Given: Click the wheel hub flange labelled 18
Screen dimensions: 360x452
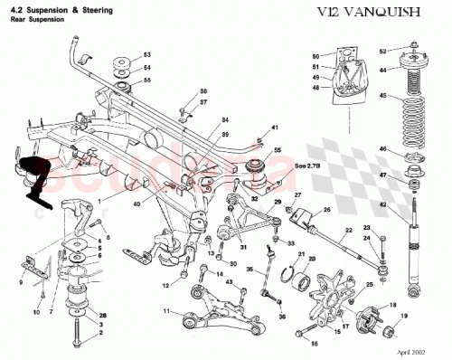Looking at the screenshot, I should (370, 320).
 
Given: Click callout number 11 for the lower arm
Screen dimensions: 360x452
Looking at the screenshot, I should (166, 311).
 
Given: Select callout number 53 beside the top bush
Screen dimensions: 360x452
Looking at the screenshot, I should (147, 54).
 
